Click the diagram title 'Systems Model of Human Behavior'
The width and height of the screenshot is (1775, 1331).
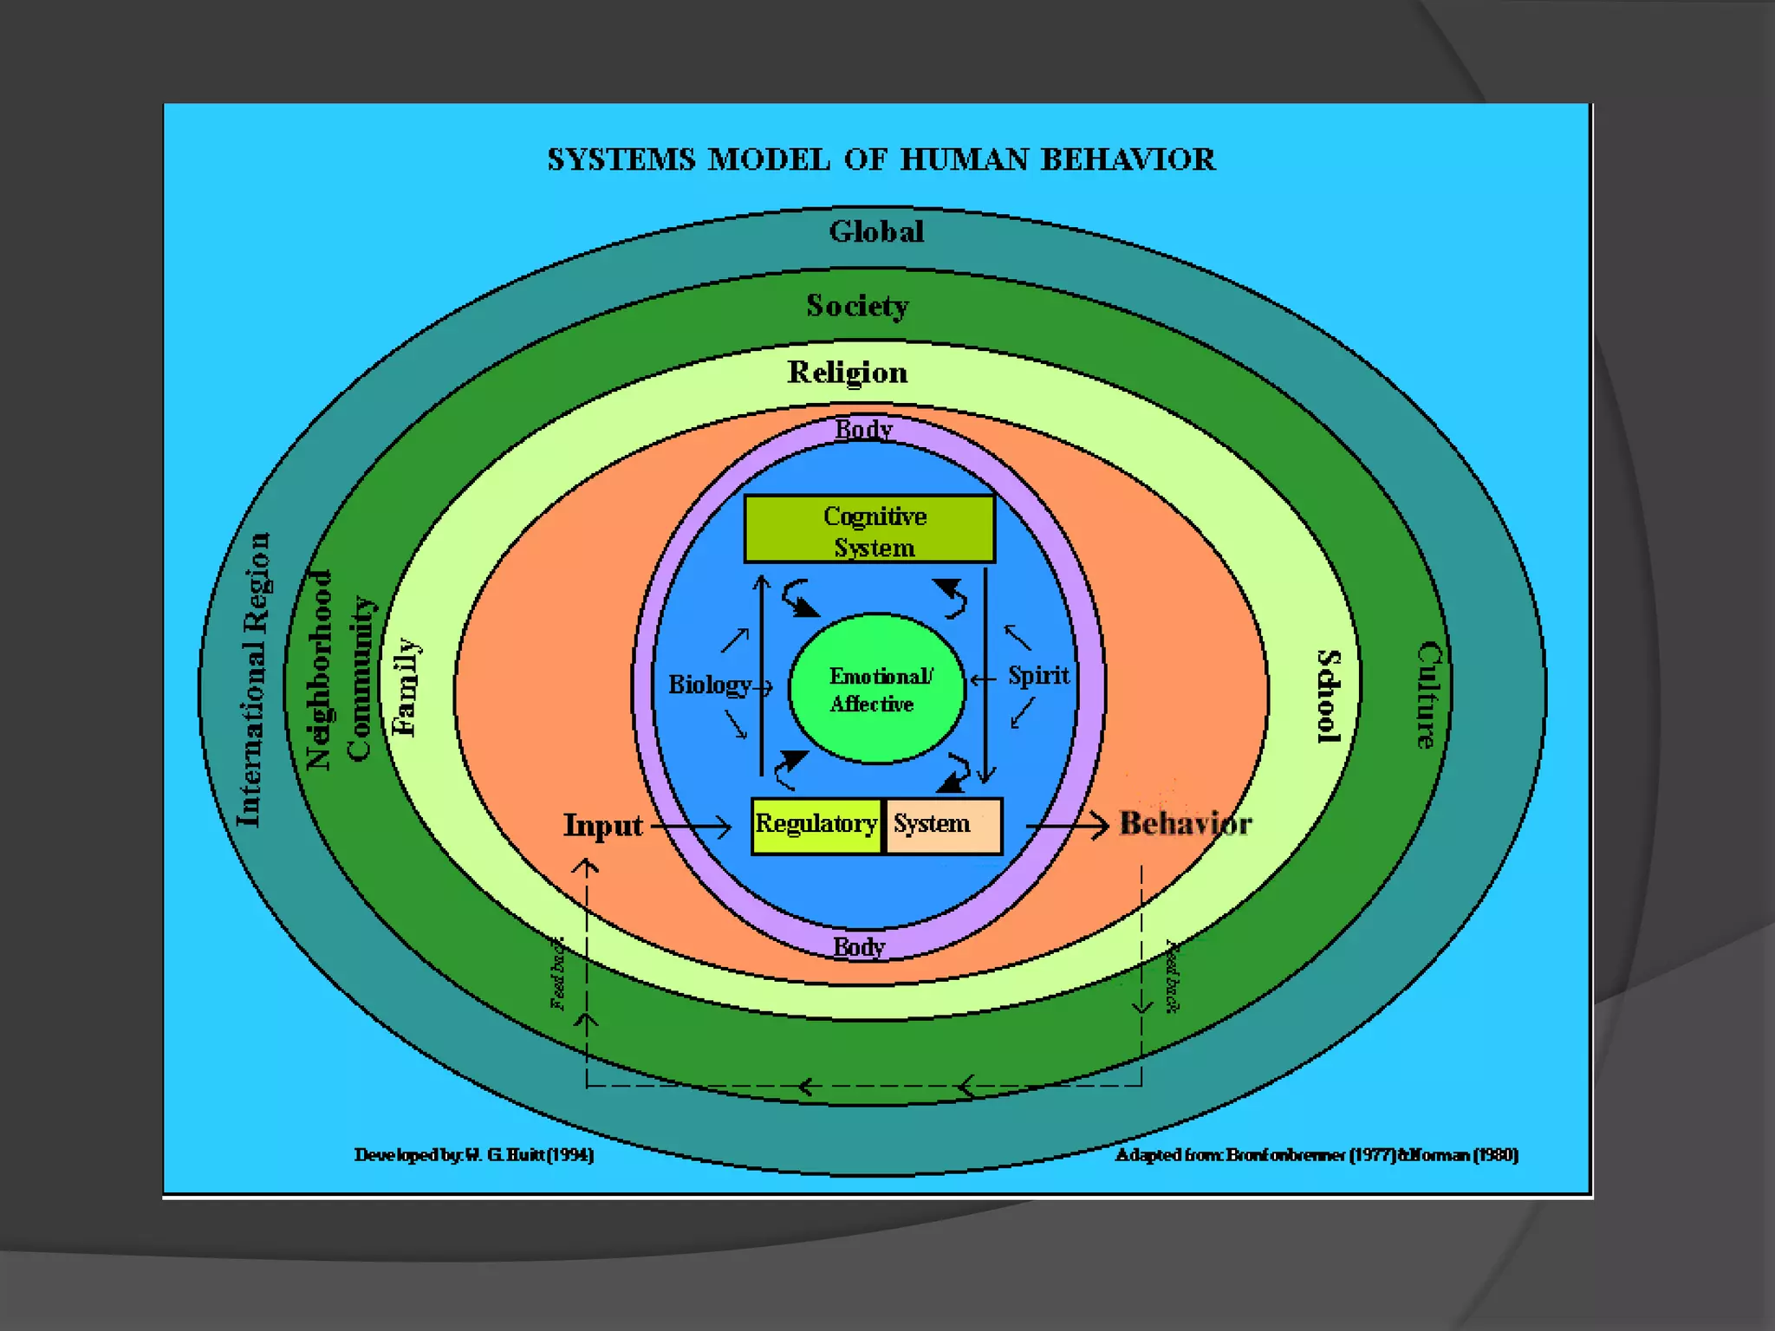[x=881, y=160]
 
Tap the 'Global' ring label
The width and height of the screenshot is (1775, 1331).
[x=876, y=232]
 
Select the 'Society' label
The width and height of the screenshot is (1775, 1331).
[x=857, y=306]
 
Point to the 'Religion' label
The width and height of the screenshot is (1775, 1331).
[x=848, y=373]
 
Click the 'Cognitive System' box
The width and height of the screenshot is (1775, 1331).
[x=869, y=529]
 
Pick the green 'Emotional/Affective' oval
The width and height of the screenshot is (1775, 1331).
[x=876, y=690]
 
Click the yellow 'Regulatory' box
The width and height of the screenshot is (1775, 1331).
[x=816, y=825]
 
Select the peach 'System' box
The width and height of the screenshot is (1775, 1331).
[x=943, y=825]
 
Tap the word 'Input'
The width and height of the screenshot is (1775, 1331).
[x=603, y=826]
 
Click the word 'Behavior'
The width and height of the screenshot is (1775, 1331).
[x=1186, y=824]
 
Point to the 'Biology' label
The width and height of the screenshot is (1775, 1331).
[x=709, y=685]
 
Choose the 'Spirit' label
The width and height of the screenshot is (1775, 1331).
[x=1038, y=676]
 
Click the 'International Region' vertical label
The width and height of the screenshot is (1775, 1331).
[x=252, y=680]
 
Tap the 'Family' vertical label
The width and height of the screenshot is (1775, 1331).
[x=406, y=687]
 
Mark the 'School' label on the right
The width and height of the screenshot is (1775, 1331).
[x=1329, y=696]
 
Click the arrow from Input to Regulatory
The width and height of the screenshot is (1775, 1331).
[x=692, y=828]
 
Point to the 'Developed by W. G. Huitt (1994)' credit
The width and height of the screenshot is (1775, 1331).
[x=474, y=1155]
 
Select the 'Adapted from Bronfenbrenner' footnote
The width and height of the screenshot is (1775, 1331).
[x=1317, y=1155]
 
